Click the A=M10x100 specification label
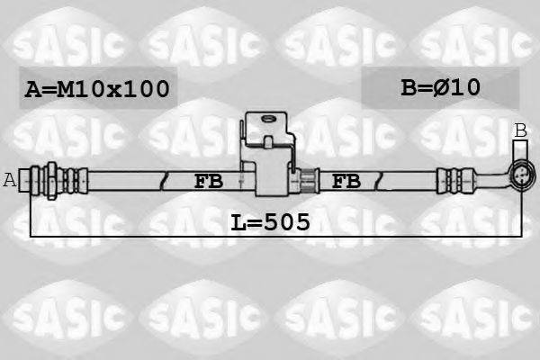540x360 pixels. (x=96, y=88)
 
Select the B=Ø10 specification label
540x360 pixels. (x=440, y=87)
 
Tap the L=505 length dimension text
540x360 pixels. (x=270, y=220)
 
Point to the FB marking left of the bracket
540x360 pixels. (x=209, y=181)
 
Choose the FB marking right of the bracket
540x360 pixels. (x=346, y=181)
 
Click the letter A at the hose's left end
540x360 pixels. (x=10, y=179)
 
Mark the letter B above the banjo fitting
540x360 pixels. (x=520, y=131)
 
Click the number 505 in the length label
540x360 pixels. (x=287, y=220)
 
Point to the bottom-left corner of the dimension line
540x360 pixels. (x=31, y=236)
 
